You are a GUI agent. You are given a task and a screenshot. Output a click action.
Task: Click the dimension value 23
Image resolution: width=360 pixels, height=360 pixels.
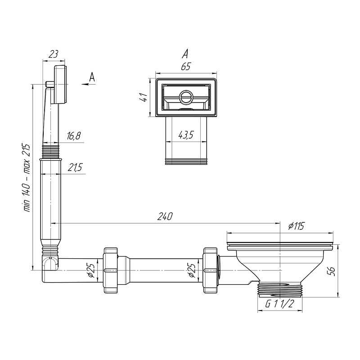tap(54, 54)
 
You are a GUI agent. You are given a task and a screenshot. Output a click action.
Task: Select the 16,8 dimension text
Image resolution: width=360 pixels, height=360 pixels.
tap(74, 136)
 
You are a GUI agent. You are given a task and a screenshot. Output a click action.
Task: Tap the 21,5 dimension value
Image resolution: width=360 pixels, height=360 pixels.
tap(75, 167)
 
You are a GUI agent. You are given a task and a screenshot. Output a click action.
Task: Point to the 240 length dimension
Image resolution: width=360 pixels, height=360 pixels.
tap(165, 216)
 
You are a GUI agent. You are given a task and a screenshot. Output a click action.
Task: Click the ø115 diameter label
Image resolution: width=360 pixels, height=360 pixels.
tap(296, 226)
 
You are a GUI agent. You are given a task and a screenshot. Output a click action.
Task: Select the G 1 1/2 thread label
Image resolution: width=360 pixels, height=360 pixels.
tap(279, 304)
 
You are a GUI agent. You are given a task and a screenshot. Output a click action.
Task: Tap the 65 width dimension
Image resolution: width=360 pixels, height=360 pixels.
tap(186, 67)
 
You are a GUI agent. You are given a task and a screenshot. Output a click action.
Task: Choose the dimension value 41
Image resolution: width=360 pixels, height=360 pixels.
tap(144, 98)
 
